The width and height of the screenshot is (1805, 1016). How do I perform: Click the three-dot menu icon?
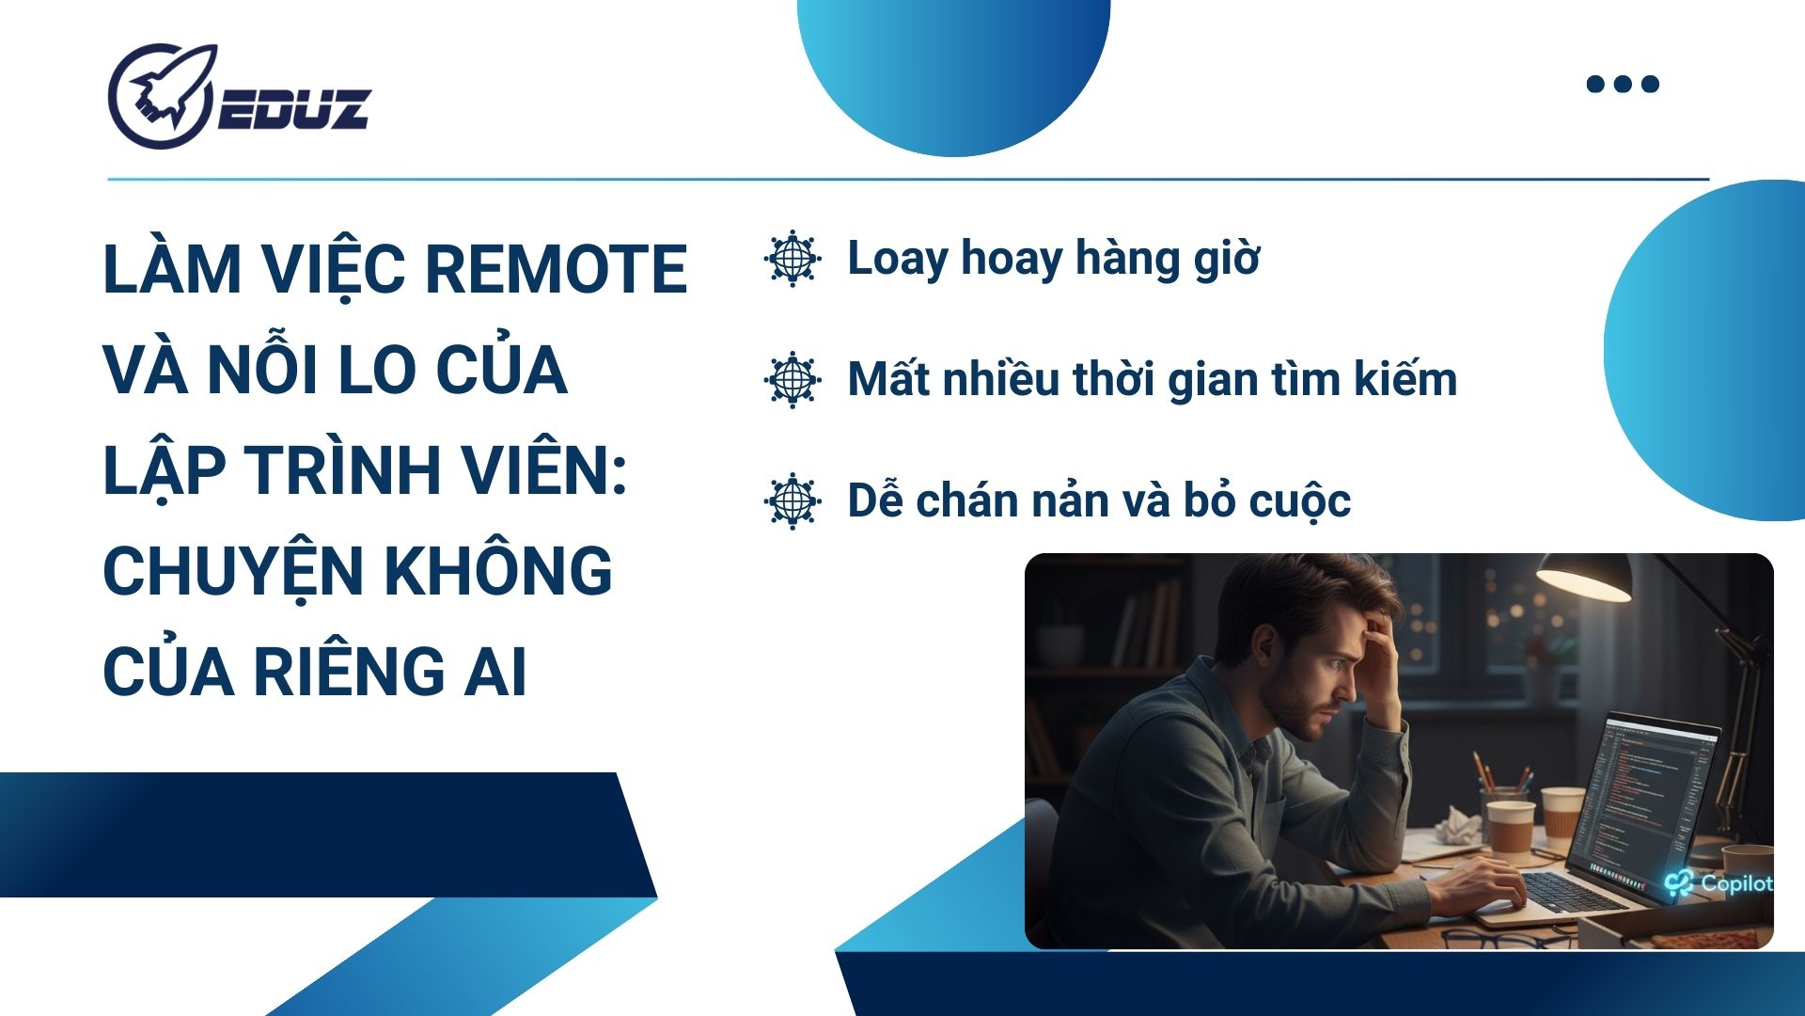click(x=1623, y=84)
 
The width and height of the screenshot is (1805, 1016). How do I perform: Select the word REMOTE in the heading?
click(x=557, y=270)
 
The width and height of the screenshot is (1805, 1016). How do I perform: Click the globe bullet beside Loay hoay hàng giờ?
click(x=793, y=258)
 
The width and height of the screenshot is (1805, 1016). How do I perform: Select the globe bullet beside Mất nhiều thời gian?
click(x=793, y=379)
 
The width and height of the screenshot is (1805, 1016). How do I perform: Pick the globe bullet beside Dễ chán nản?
click(x=793, y=500)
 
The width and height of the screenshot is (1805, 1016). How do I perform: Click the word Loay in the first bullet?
click(x=898, y=261)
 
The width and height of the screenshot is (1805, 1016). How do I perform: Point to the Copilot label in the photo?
click(x=1719, y=883)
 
